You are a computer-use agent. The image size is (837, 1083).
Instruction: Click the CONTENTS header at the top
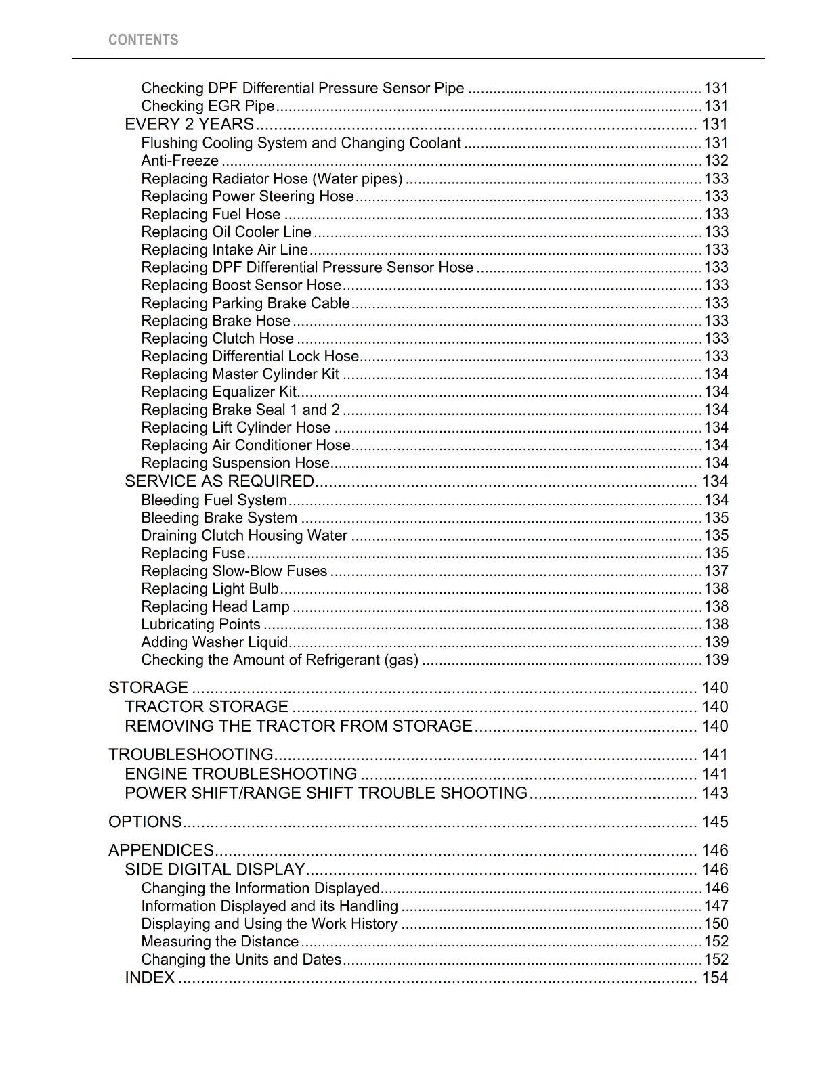(x=143, y=40)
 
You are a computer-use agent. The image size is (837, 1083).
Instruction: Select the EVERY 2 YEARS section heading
(x=189, y=125)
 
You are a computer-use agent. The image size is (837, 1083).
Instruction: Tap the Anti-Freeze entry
(x=179, y=161)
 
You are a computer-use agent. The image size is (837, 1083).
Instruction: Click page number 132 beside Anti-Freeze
(x=716, y=161)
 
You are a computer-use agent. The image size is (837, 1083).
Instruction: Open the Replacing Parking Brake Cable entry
(x=245, y=303)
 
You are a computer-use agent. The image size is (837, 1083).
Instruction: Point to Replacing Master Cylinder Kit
(x=240, y=374)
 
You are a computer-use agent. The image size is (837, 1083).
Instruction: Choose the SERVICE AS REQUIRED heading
(x=219, y=481)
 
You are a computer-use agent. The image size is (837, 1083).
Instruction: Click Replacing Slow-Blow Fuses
(x=234, y=571)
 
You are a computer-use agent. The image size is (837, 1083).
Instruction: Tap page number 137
(x=716, y=571)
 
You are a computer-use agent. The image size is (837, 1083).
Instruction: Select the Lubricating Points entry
(x=200, y=625)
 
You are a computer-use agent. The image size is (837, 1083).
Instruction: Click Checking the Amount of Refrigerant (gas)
(x=279, y=660)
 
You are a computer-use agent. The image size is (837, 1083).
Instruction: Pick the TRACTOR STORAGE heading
(x=207, y=707)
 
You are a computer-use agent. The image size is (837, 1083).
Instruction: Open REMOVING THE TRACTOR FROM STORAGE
(x=298, y=726)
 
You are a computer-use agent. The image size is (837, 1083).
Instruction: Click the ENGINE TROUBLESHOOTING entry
(x=240, y=774)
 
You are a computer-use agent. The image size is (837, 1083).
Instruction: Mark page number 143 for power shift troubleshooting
(x=714, y=793)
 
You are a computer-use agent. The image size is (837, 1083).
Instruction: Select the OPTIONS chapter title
(x=145, y=822)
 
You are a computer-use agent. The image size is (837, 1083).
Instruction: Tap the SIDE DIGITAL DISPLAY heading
(x=215, y=870)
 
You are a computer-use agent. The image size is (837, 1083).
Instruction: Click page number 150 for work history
(x=716, y=924)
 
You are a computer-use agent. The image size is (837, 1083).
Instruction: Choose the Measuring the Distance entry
(x=219, y=942)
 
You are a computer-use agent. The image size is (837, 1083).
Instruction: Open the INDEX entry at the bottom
(x=150, y=978)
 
